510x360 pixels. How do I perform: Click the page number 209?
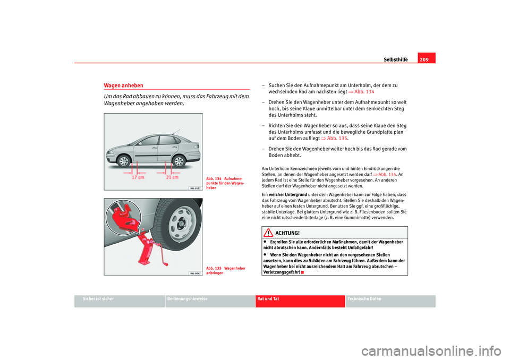[427, 59]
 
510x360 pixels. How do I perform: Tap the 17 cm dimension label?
[137, 177]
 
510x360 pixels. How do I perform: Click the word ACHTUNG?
[287, 233]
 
